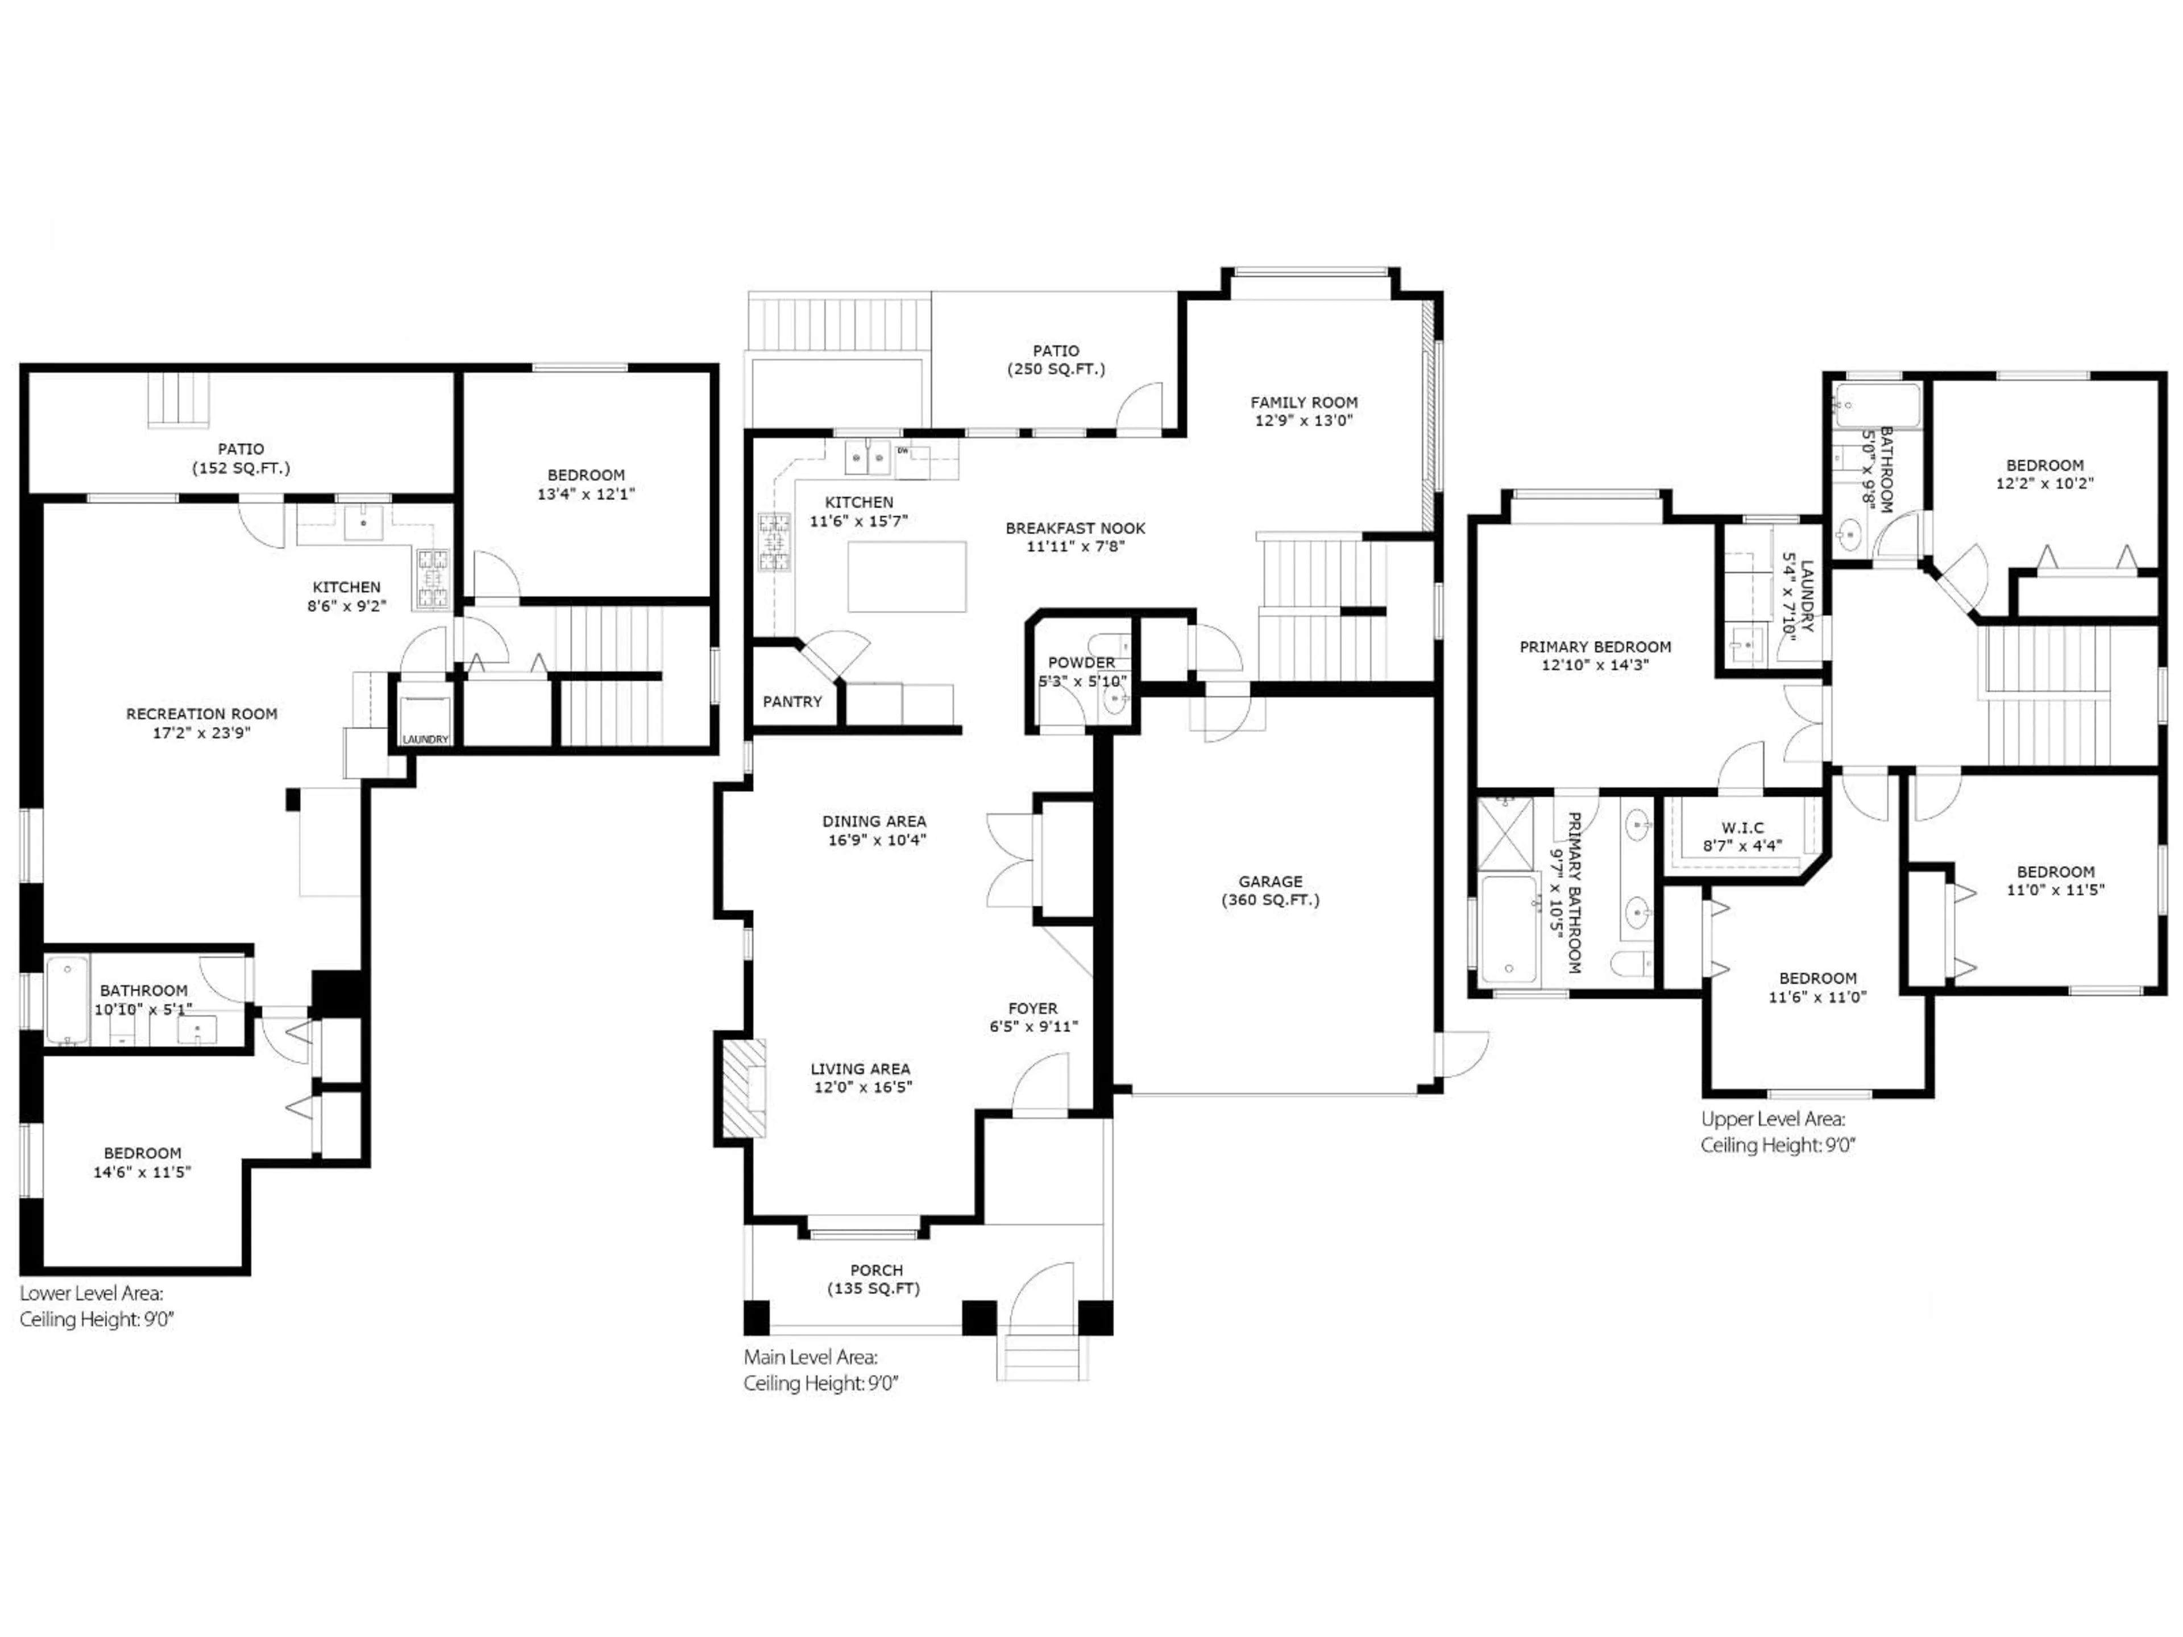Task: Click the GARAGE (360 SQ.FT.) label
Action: [x=1270, y=890]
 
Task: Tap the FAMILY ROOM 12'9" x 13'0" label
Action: [x=1304, y=410]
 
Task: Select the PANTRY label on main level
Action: [x=791, y=701]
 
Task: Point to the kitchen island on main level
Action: [x=906, y=576]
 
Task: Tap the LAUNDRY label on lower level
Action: [x=425, y=739]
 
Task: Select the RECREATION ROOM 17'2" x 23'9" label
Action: [x=201, y=722]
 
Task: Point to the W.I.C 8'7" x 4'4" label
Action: [x=1742, y=837]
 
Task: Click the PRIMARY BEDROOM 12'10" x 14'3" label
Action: [x=1595, y=656]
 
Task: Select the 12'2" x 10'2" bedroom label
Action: [x=2044, y=473]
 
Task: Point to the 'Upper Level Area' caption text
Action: [x=1773, y=1119]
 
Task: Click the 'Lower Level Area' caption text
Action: [x=92, y=1293]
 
